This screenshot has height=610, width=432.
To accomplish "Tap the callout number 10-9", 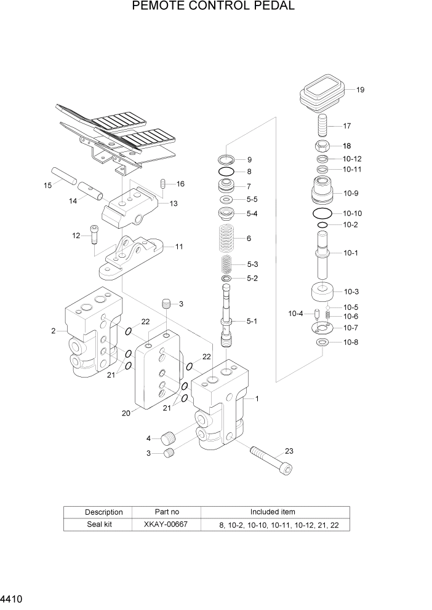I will coord(351,193).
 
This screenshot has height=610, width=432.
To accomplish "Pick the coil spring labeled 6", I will coord(227,238).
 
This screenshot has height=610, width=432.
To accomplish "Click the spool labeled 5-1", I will coord(227,317).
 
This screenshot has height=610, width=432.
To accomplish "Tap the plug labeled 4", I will coord(169,439).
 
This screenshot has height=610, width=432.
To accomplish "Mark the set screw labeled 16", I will coord(163,184).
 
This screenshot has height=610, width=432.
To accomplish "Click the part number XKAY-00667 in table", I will coord(166,525).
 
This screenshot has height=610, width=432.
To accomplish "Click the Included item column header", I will coord(272,512).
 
